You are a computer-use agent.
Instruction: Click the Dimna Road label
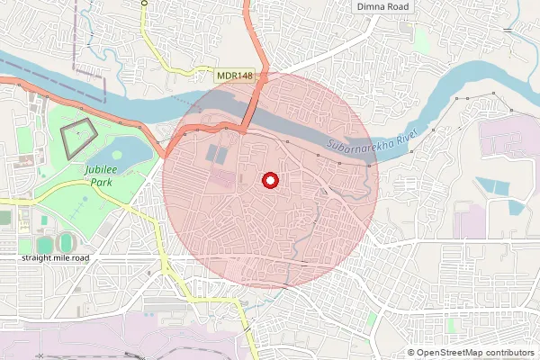(x=382, y=7)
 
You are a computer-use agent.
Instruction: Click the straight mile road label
(x=58, y=257)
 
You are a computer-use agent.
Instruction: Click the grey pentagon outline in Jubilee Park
(x=78, y=138)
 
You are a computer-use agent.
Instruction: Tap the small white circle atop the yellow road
(x=144, y=4)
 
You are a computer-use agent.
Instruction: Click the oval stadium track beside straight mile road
(x=66, y=243)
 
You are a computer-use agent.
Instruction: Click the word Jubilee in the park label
(x=88, y=169)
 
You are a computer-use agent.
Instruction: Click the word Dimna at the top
(x=371, y=7)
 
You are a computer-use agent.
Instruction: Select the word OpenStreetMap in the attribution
(x=453, y=353)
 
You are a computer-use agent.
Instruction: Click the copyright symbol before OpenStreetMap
(x=412, y=353)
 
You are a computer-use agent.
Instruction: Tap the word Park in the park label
(x=87, y=181)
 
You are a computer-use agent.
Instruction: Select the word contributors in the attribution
(x=511, y=353)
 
